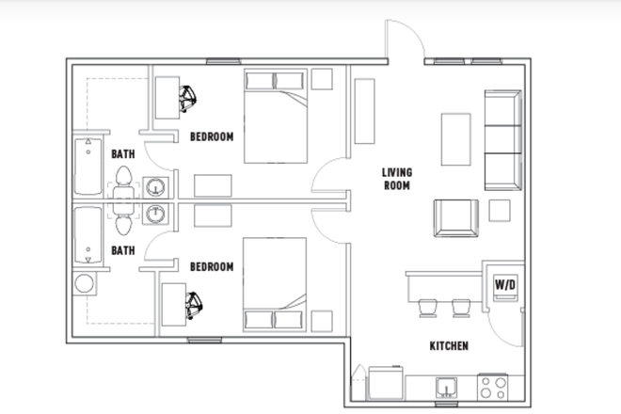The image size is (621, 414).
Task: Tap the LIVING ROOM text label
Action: tap(396, 179)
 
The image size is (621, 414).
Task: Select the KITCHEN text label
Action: tap(449, 346)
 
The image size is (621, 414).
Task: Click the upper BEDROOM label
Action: tap(212, 136)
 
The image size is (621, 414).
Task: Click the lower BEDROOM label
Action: tap(212, 267)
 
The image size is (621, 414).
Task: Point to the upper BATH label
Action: tap(123, 153)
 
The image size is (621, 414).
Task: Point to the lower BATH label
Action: tap(123, 250)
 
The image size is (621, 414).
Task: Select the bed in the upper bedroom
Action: tap(276, 115)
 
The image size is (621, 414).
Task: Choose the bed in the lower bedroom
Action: tap(276, 283)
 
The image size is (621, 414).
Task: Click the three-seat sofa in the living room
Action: tap(503, 138)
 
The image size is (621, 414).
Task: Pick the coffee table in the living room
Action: tap(456, 138)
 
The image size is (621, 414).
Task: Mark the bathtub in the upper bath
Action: tap(88, 167)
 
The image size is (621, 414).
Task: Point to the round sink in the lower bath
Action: tap(155, 214)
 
